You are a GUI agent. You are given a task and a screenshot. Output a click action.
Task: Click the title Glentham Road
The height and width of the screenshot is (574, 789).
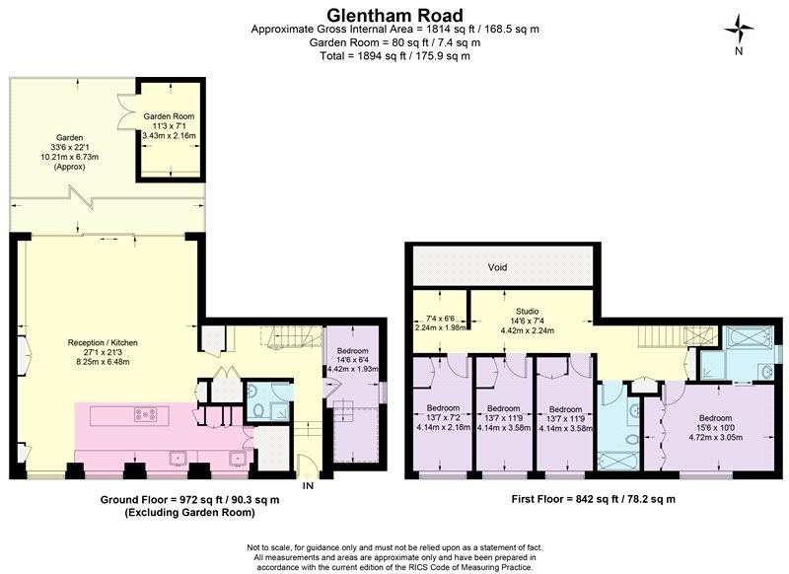394,14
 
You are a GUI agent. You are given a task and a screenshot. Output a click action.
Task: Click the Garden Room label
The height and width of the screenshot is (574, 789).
169,116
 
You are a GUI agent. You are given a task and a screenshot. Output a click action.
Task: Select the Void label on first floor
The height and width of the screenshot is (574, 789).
498,267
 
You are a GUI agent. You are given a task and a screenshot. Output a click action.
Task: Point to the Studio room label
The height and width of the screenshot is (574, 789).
528,312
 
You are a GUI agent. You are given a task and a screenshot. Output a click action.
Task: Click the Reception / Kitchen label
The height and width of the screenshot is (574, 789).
103,342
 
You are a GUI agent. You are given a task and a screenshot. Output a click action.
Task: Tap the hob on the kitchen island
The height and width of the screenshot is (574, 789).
145,414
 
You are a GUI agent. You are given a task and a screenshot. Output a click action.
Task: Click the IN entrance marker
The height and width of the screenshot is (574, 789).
308,485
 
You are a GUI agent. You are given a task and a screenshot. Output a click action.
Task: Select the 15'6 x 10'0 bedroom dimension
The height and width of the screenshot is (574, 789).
715,428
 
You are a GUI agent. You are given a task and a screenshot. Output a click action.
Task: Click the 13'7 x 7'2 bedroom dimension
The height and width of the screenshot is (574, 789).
443,417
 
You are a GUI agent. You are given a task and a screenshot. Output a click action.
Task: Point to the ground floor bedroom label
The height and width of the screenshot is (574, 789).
353,351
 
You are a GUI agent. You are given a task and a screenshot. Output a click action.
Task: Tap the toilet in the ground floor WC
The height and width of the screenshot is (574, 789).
257,410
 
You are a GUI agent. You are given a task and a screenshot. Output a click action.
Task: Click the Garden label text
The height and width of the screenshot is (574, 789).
69,137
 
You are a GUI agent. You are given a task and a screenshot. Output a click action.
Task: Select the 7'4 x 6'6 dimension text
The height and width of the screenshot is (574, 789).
440,319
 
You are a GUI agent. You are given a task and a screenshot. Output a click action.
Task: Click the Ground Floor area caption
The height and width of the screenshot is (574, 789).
189,500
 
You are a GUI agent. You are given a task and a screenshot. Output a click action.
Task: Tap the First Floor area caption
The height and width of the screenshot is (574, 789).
594,499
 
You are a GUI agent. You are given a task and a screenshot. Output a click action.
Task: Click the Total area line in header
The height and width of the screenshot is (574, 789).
394,56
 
